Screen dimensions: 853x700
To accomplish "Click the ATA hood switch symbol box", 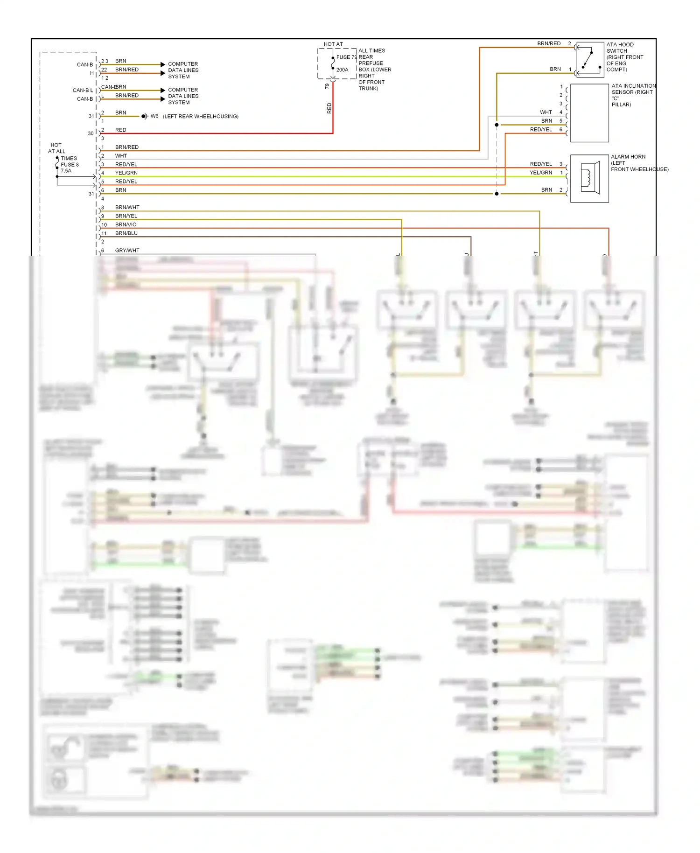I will pos(590,60).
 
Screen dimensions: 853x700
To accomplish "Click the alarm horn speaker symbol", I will pos(589,178).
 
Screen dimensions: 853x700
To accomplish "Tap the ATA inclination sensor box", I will pos(589,113).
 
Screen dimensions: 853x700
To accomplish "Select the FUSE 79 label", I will pos(346,57).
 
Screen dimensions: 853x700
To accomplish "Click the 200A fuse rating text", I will pos(342,70).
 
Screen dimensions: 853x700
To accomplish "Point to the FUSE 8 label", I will pos(70,165).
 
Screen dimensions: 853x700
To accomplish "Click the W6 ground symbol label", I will pos(154,116).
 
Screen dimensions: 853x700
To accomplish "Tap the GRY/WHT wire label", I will pos(127,251).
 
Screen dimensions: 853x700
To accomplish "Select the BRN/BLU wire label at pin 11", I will pos(126,233).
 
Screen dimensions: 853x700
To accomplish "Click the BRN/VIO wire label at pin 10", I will pos(126,224).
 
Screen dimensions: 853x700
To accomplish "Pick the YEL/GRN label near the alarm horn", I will pos(540,173).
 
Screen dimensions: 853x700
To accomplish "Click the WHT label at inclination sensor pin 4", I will pos(546,112).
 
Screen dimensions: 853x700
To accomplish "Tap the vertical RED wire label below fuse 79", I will pos(329,108).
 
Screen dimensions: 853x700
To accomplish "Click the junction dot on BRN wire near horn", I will pos(497,194).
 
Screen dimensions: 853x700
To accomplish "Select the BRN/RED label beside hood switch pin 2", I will pos(548,43).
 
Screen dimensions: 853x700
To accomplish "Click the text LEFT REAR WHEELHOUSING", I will pos(200,116).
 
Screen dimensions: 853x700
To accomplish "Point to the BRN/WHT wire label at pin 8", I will pos(127,207).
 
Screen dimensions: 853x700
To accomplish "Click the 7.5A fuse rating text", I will pos(66,171).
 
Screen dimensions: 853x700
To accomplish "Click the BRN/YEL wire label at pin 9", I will pos(126,216).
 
